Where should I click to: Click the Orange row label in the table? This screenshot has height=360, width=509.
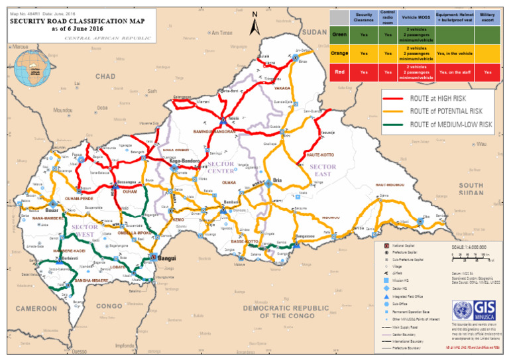(x=339, y=52)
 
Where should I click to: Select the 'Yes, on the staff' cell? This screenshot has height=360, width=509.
(x=454, y=71)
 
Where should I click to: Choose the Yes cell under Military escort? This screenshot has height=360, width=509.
(x=487, y=71)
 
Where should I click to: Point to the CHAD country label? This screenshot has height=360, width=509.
(x=105, y=77)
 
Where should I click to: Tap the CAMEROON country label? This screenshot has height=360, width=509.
(x=36, y=309)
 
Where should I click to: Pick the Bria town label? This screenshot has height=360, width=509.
(x=278, y=180)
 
